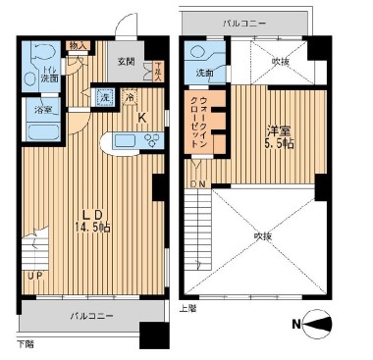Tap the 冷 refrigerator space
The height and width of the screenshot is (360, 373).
130,97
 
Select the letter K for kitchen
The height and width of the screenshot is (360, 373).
141,119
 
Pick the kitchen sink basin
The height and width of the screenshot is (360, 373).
126,140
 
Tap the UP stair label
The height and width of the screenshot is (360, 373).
33,276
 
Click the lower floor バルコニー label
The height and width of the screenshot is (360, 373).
90,316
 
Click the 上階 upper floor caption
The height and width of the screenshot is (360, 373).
189,306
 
